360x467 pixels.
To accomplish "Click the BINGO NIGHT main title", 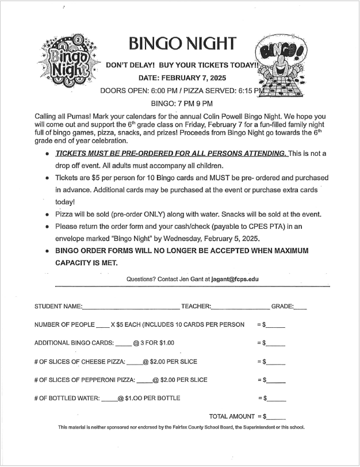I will coord(182,44).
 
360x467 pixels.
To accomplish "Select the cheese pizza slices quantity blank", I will coord(134,363).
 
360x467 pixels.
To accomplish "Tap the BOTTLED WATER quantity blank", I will coord(109,399).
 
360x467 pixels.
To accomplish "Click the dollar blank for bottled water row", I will coord(276,399).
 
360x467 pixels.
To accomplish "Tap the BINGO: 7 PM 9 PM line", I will coord(182,104).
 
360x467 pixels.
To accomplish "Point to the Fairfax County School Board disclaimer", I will coord(181,427).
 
